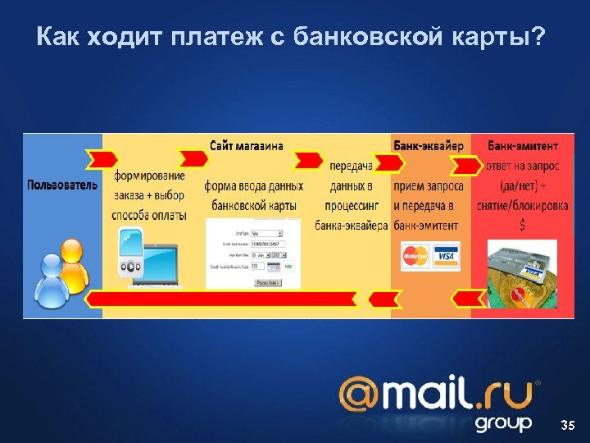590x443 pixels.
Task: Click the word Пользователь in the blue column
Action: tap(62, 185)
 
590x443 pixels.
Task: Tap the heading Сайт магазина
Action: tap(247, 146)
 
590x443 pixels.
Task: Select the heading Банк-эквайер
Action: tap(429, 146)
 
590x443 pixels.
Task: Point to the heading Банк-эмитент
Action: tap(524, 146)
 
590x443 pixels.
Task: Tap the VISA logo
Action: tap(446, 257)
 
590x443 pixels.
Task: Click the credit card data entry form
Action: tap(253, 254)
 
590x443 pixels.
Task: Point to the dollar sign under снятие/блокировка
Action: tap(522, 224)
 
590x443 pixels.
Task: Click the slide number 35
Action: tap(567, 425)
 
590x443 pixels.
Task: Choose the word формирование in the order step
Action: tap(150, 176)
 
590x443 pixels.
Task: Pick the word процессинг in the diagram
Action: tap(352, 205)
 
